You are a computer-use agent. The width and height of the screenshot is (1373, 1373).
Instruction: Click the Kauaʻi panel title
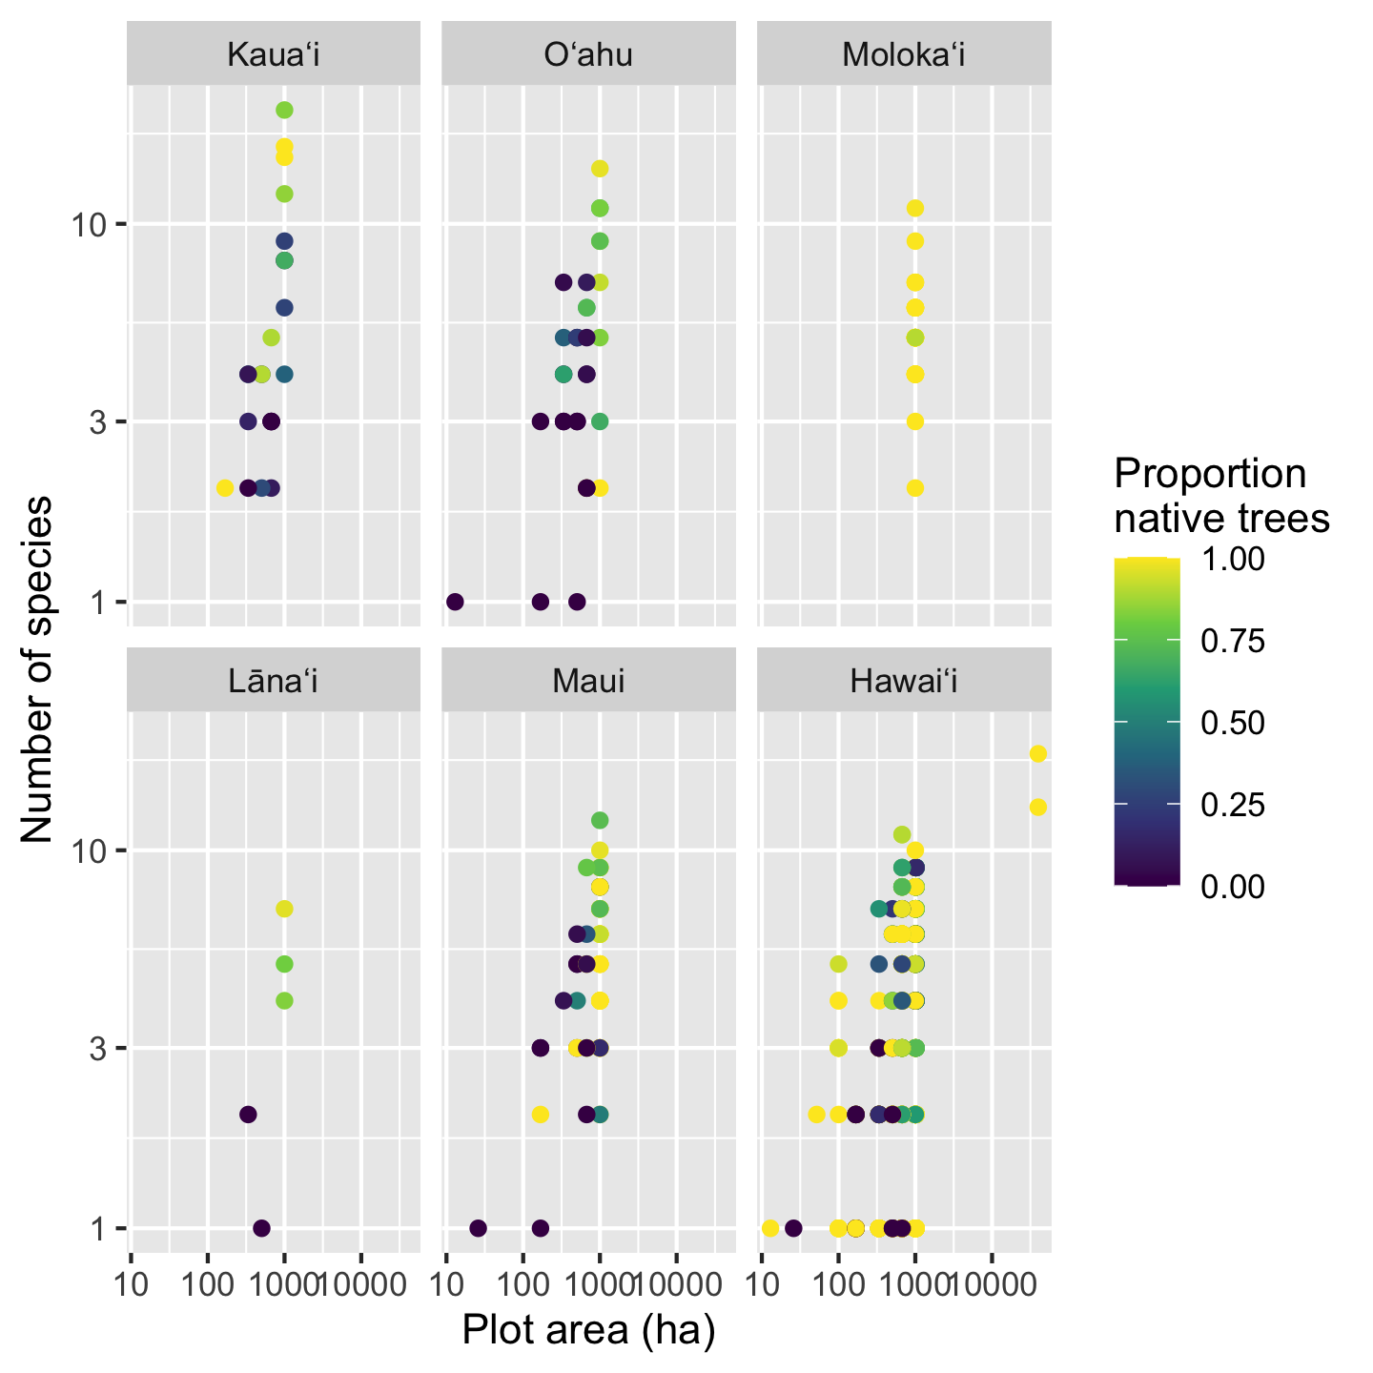(x=274, y=55)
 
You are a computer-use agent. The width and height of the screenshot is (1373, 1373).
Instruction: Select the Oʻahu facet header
(x=588, y=55)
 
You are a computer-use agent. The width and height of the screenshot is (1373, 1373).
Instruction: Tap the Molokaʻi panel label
(x=904, y=55)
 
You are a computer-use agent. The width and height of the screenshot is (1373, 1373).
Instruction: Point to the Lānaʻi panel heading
(x=274, y=681)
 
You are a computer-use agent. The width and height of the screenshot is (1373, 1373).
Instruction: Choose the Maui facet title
(x=588, y=681)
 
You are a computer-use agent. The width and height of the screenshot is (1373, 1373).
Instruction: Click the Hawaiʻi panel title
(x=904, y=681)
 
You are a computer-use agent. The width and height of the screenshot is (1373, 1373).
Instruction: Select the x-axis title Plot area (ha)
(x=588, y=1331)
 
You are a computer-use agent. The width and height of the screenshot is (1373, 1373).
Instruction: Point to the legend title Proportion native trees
(x=1221, y=496)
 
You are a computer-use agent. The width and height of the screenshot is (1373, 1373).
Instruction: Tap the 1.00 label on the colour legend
(x=1233, y=559)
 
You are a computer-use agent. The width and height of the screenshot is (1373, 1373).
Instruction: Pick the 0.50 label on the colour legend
(x=1233, y=723)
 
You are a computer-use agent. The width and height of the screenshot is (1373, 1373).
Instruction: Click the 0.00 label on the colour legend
(x=1233, y=887)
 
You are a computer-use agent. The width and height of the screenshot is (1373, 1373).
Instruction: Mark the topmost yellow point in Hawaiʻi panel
(x=1038, y=754)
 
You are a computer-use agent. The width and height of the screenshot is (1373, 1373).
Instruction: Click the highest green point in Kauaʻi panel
(x=284, y=111)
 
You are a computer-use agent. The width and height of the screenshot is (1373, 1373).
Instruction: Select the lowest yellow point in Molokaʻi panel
(x=915, y=488)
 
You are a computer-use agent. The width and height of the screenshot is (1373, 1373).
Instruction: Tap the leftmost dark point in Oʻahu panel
(x=455, y=602)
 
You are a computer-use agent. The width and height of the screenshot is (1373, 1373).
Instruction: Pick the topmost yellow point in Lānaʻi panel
(x=284, y=909)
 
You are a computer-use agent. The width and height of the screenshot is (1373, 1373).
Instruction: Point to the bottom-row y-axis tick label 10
(x=88, y=850)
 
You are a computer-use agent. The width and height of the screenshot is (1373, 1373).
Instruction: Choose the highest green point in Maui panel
(x=600, y=820)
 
